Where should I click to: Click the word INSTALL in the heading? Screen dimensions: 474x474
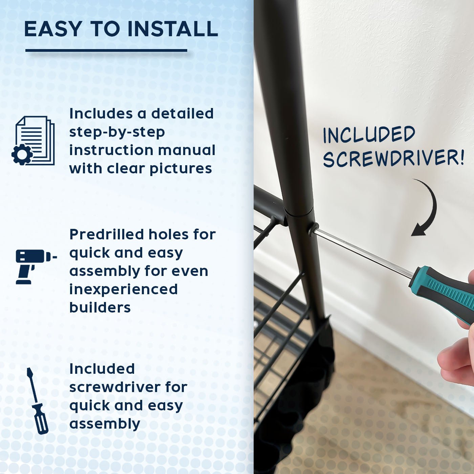[x=173, y=29]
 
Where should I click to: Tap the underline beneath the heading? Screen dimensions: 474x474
[x=106, y=50]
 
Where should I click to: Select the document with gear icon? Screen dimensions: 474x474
[x=33, y=141]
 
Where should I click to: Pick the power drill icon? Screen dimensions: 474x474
[x=36, y=267]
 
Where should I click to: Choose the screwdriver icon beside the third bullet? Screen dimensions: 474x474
[x=37, y=401]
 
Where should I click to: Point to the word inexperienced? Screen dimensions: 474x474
[x=124, y=289]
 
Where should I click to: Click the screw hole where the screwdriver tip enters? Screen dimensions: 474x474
[x=313, y=229]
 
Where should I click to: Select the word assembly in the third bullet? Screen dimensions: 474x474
[x=105, y=424]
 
